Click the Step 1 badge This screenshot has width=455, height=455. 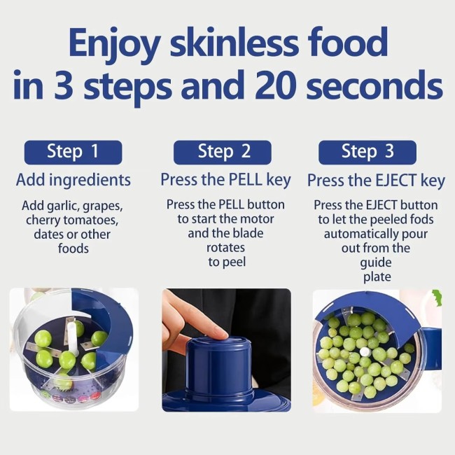tap(73, 151)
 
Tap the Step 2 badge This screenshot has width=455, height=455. tap(223, 151)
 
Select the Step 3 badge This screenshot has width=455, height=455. tap(367, 151)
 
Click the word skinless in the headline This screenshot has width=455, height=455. tap(231, 43)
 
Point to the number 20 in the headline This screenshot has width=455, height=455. tap(281, 86)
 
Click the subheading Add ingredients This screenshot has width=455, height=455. tap(73, 180)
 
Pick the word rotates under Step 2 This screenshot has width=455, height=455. tap(225, 248)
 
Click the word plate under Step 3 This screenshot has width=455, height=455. tap(376, 276)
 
